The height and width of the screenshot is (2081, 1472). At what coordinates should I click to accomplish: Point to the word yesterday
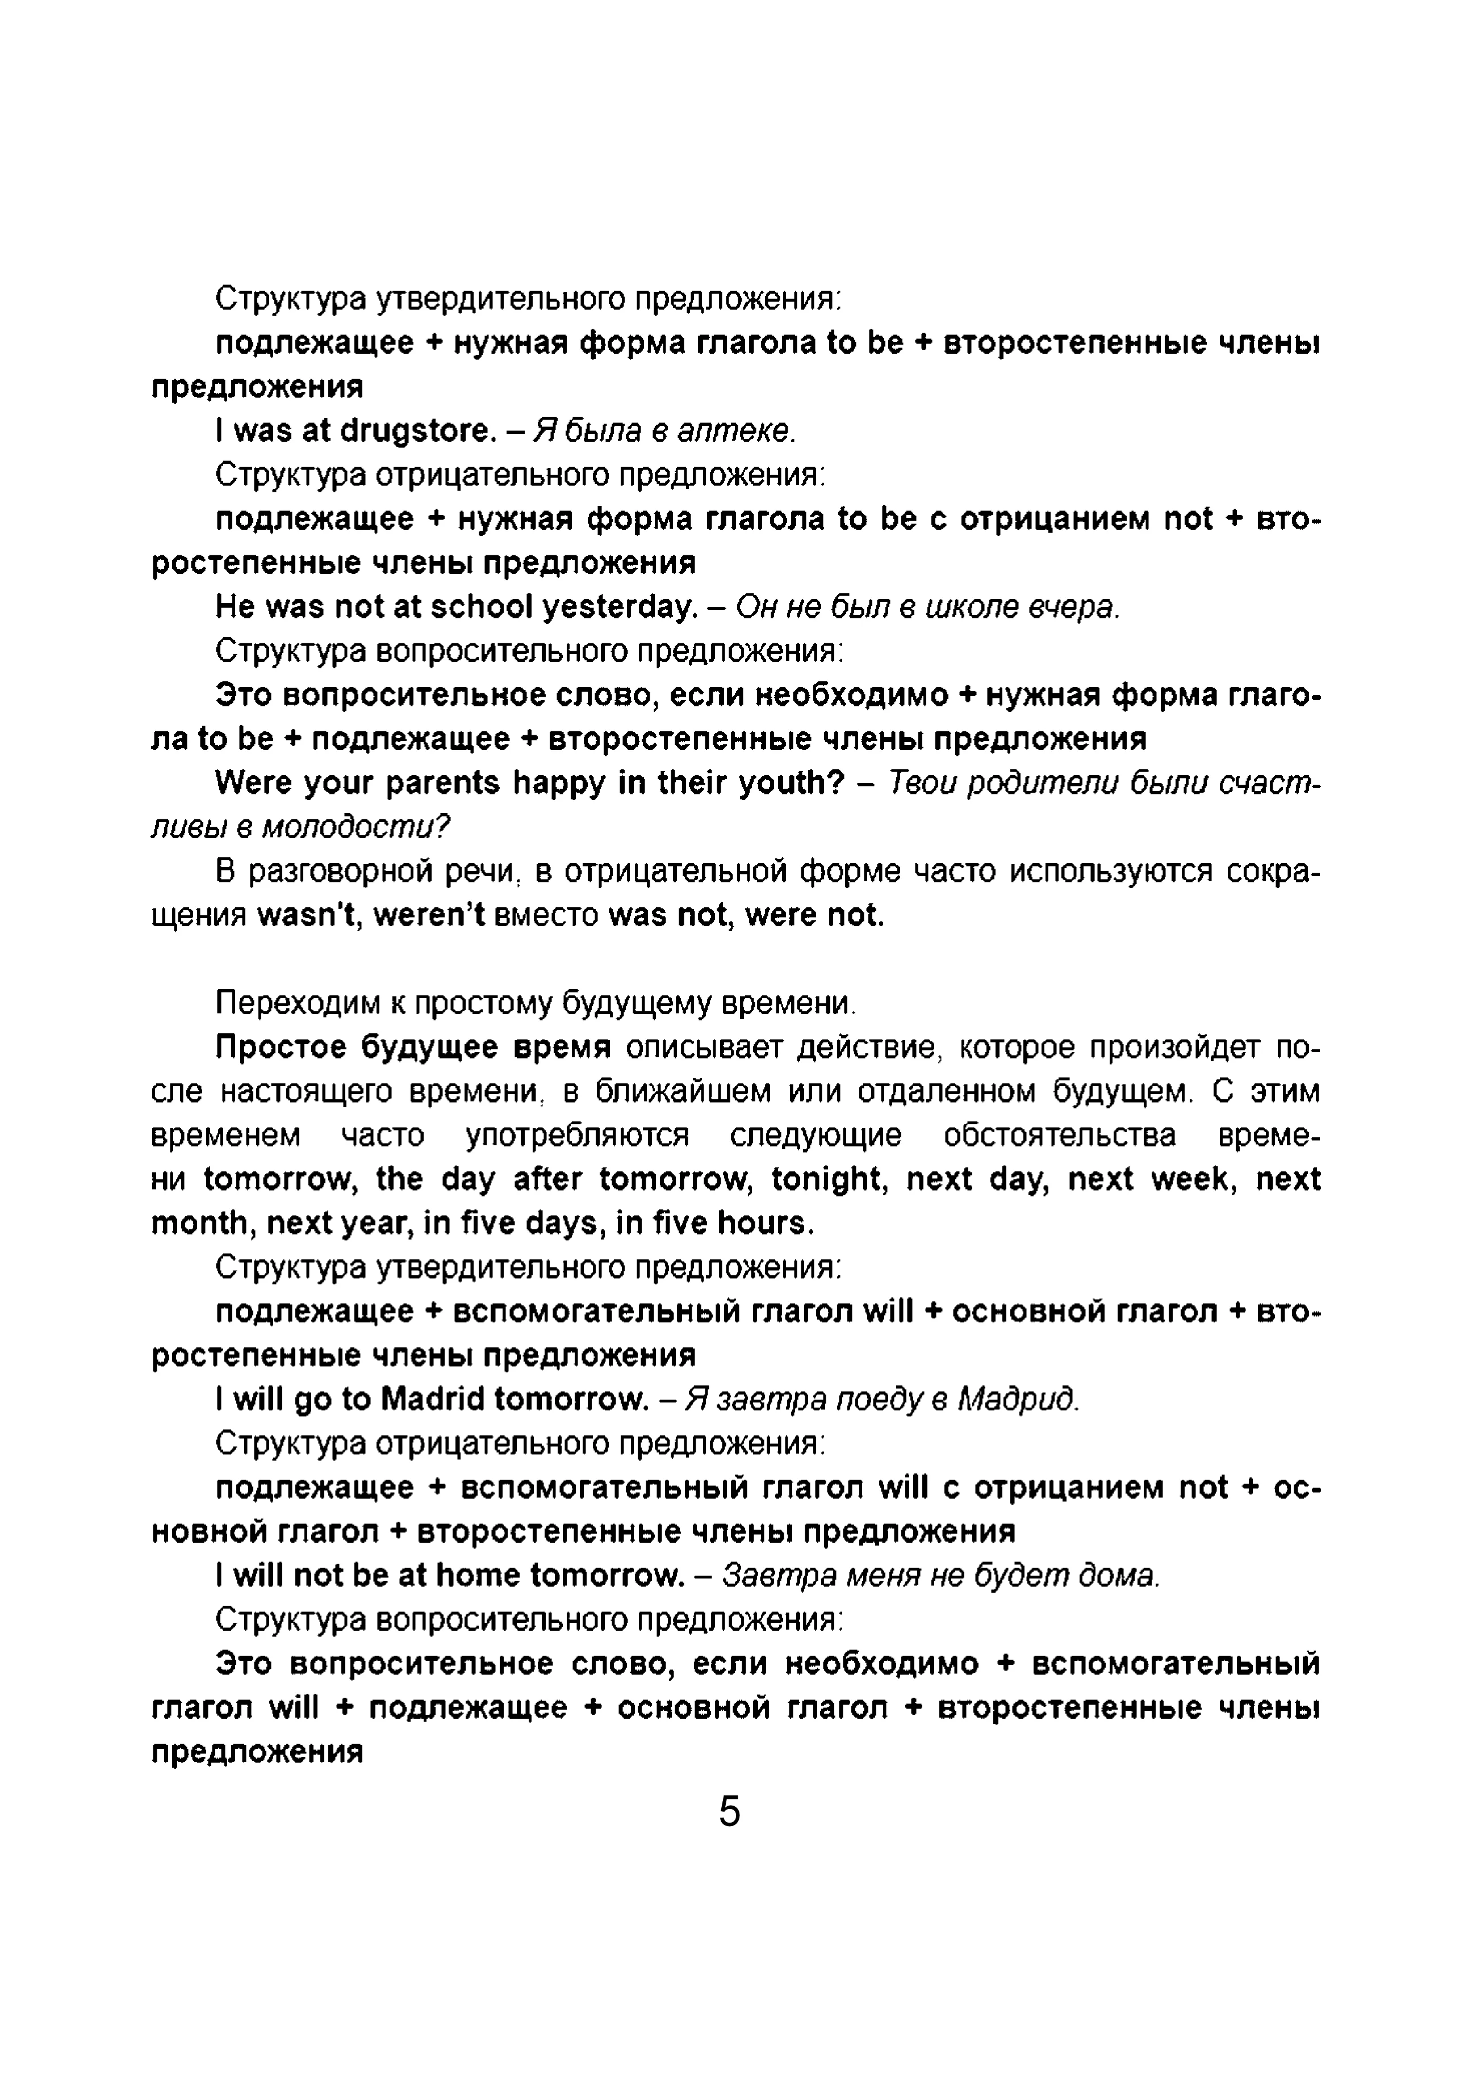(619, 607)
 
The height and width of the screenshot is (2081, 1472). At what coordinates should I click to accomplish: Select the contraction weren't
(432, 915)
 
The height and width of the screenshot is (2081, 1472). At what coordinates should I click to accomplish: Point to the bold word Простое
(281, 1048)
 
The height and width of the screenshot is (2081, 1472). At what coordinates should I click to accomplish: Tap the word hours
(765, 1224)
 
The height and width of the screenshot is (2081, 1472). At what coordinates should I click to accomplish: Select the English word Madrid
(433, 1400)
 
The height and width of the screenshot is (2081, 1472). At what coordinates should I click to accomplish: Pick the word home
(478, 1575)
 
